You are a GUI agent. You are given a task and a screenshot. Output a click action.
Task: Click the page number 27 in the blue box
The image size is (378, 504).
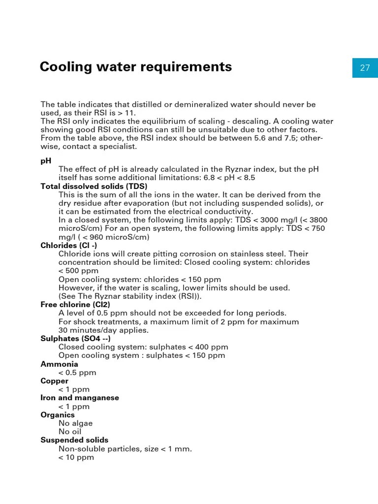365,68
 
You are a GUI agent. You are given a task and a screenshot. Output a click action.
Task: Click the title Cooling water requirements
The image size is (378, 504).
136,66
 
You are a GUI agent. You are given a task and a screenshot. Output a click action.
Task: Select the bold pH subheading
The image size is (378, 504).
46,161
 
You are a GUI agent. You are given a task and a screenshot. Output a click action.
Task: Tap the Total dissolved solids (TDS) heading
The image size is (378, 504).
94,186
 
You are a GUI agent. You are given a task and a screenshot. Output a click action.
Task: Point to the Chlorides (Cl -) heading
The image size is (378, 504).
69,245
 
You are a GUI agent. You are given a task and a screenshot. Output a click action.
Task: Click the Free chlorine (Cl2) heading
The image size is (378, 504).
75,305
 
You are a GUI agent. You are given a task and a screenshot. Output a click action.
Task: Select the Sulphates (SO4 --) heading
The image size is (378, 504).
75,339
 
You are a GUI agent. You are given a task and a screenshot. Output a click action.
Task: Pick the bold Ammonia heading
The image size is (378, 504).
59,364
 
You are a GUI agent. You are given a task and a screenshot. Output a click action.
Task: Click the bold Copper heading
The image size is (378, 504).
54,381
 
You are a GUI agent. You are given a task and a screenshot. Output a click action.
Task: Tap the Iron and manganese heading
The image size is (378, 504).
80,398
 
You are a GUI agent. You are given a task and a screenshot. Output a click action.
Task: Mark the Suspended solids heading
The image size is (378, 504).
74,440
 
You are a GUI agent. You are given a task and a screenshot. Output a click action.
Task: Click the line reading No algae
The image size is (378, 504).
75,423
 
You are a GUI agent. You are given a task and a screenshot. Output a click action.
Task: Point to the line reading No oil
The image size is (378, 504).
70,432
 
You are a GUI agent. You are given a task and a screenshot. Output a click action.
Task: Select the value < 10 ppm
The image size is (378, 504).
76,457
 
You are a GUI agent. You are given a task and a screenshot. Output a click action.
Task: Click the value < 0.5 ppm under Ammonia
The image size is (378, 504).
77,373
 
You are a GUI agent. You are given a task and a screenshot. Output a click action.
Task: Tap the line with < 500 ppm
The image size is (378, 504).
78,271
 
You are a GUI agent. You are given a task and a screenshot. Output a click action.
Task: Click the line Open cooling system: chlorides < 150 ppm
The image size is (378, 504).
140,280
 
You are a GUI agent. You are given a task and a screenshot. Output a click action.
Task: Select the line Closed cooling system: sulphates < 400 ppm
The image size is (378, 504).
143,347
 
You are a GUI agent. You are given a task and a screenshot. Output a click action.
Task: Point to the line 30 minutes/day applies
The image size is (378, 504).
103,330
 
